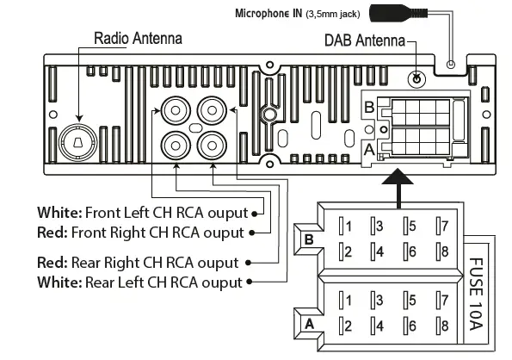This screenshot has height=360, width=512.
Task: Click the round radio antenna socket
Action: click(79, 140)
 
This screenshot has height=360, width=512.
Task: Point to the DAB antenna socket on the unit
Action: click(416, 78)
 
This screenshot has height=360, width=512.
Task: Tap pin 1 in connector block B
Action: click(346, 227)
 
